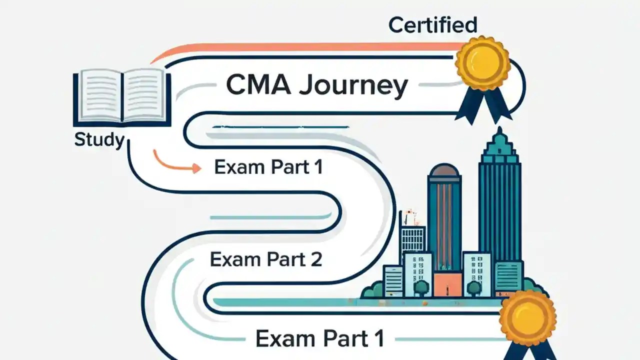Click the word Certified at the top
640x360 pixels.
point(432,24)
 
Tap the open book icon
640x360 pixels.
point(121,97)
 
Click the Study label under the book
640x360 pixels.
point(98,140)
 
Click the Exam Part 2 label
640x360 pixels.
point(265,260)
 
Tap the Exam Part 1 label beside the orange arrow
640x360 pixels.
point(268,167)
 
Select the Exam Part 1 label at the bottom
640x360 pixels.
point(320,338)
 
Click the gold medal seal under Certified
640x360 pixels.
point(482,62)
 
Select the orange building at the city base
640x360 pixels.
point(447,284)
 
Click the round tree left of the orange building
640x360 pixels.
point(421,286)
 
